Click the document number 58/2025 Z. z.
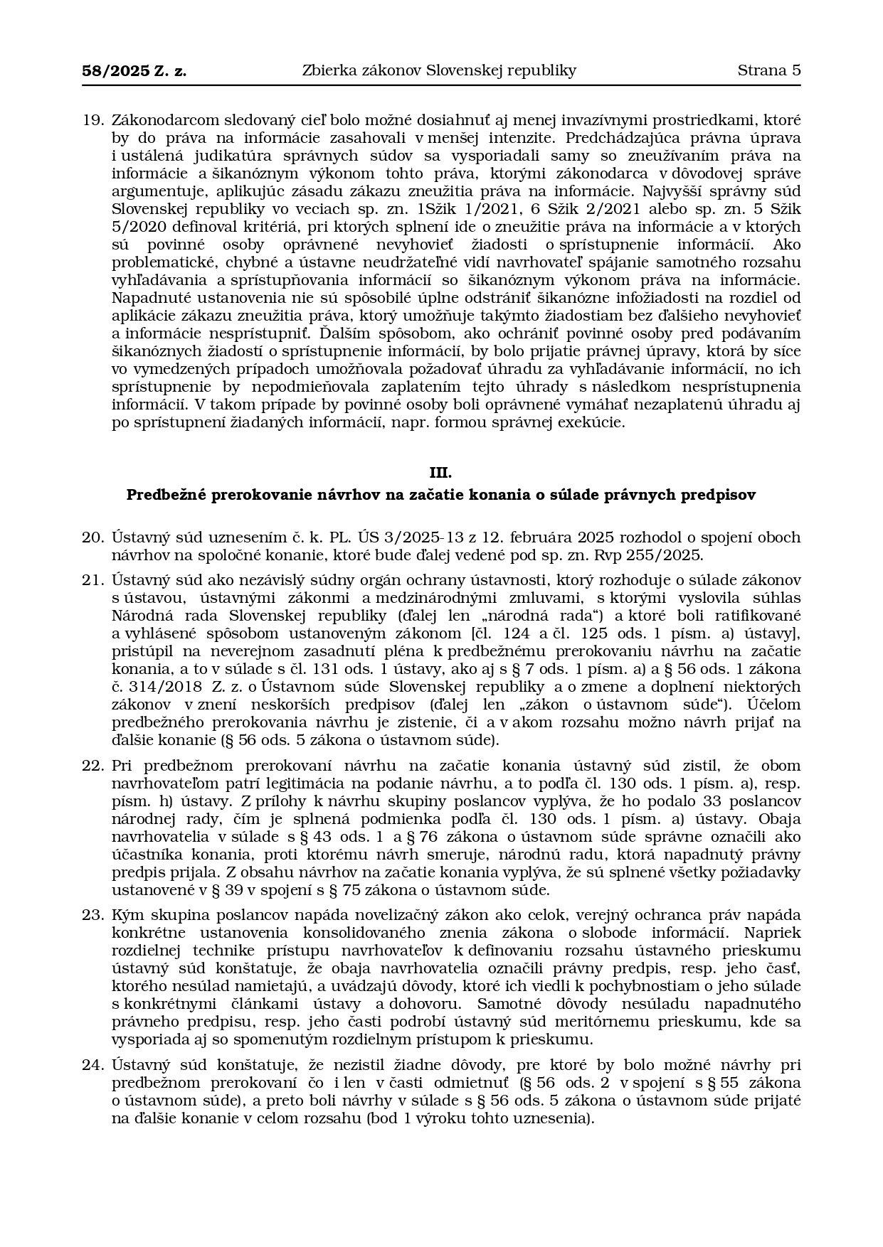[x=134, y=70]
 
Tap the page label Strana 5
[x=768, y=70]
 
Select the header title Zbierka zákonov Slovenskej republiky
[x=439, y=70]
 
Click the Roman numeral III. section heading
[x=440, y=473]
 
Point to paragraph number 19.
[x=93, y=120]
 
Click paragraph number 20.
[x=93, y=537]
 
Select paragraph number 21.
[x=93, y=580]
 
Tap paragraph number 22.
[x=93, y=766]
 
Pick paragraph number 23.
[x=93, y=915]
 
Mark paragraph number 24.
[x=93, y=1065]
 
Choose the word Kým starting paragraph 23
[x=126, y=915]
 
